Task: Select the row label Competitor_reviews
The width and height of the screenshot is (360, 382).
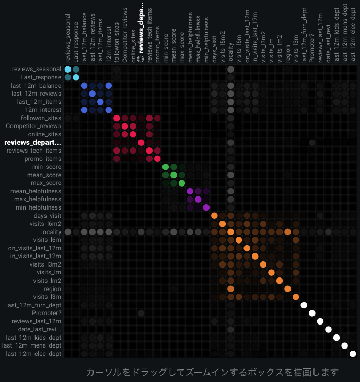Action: [33, 126]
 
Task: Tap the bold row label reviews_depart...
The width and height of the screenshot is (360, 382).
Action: [32, 142]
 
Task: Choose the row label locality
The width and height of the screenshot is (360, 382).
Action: [51, 232]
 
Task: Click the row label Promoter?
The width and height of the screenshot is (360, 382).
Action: [47, 313]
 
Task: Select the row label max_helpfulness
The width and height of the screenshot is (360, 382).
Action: [38, 199]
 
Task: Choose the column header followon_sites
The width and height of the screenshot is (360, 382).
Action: [117, 42]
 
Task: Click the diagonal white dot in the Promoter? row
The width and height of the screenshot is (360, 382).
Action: [312, 313]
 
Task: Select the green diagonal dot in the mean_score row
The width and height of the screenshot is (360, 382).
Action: [173, 175]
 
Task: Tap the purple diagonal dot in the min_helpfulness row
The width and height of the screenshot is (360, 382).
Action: [206, 207]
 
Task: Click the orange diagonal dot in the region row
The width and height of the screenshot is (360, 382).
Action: [287, 289]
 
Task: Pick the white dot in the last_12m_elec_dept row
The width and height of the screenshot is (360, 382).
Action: [353, 354]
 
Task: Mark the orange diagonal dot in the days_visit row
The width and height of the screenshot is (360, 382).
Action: [214, 216]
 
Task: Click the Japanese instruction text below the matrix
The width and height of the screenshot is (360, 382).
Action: [212, 372]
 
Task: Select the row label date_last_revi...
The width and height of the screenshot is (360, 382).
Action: [40, 329]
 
